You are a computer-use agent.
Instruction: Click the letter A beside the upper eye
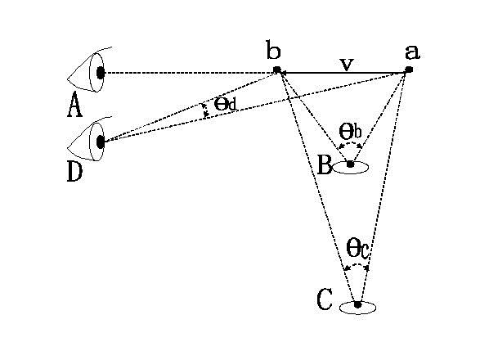tap(74, 105)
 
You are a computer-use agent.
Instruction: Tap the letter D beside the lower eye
tap(74, 172)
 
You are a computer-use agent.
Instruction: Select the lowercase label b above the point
tap(273, 49)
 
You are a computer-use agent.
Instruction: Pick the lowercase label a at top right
tap(412, 52)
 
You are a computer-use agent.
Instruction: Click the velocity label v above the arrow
tap(346, 64)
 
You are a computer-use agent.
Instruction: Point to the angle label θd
tap(226, 104)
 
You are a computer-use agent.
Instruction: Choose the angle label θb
tap(350, 131)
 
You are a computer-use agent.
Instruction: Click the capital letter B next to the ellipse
tap(325, 164)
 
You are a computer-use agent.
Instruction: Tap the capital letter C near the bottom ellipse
tap(324, 299)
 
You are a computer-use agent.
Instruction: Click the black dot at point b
tap(276, 70)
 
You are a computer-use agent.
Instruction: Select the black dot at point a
tap(409, 70)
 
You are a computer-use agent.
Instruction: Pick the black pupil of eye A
tap(101, 73)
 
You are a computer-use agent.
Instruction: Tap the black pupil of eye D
tap(101, 142)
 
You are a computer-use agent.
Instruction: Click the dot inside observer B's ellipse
tap(351, 164)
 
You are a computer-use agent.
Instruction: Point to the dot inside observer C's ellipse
tap(357, 305)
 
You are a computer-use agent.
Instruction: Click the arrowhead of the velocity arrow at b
tap(282, 73)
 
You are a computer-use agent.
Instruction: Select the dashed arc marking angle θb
tap(351, 143)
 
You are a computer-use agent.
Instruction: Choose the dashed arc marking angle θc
tap(357, 265)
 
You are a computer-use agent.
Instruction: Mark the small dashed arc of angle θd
tap(206, 110)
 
